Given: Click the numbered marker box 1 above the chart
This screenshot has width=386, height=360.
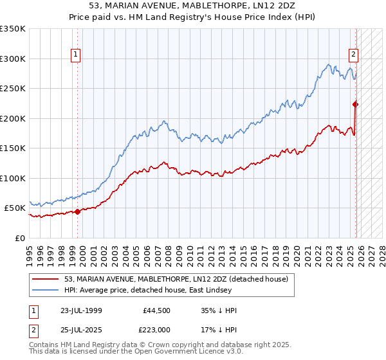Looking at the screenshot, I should pyautogui.click(x=76, y=55).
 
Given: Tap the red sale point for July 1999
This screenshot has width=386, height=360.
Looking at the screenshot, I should pyautogui.click(x=78, y=211).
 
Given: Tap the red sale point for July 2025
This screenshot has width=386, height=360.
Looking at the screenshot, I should pyautogui.click(x=356, y=104).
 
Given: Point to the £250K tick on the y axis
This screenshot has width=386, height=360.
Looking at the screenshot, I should pyautogui.click(x=13, y=89).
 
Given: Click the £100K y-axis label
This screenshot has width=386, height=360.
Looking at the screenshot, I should pyautogui.click(x=13, y=178).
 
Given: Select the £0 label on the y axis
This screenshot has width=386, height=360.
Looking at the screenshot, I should pyautogui.click(x=19, y=238).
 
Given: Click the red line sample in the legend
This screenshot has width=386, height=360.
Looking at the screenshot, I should pyautogui.click(x=46, y=279).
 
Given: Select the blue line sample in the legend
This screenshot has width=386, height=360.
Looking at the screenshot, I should pyautogui.click(x=46, y=290).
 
